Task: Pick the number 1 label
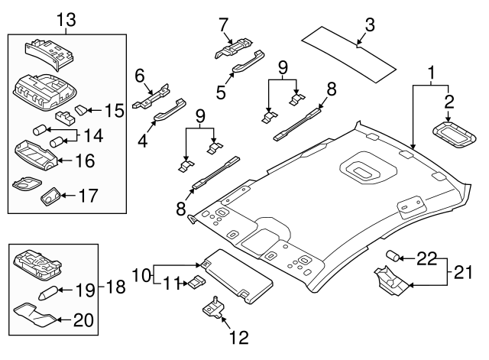pos(432,74)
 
